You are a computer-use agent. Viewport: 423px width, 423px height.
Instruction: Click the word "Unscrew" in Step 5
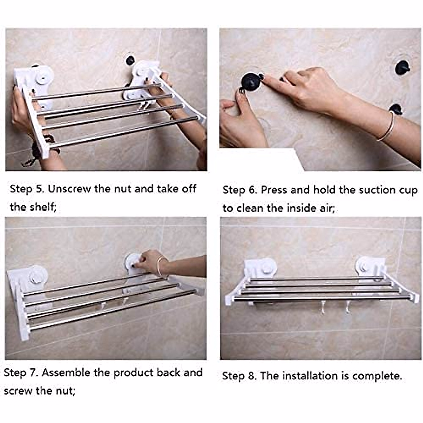pyautogui.click(x=69, y=189)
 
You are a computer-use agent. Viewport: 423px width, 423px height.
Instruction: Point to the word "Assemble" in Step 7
pyautogui.click(x=66, y=373)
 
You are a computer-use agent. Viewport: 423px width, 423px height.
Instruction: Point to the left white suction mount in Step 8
pyautogui.click(x=260, y=269)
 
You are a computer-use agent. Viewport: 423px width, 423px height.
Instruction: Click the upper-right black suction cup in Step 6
pyautogui.click(x=402, y=68)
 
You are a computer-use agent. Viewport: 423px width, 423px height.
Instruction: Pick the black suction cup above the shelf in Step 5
pyautogui.click(x=130, y=61)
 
